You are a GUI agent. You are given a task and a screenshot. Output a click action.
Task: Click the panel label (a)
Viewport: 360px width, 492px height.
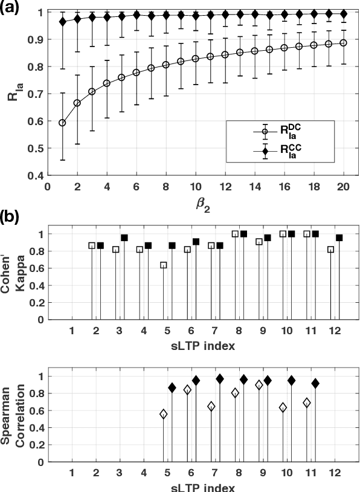coord(12,7)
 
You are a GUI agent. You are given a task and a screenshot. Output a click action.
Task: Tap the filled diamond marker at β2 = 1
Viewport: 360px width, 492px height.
coord(62,22)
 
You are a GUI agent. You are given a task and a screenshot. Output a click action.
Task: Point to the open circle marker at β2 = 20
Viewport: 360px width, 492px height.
coord(343,43)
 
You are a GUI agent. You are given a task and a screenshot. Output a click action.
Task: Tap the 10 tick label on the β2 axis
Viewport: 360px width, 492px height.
coord(195,187)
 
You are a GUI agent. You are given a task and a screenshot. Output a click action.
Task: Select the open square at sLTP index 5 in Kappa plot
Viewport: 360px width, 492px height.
coord(163,265)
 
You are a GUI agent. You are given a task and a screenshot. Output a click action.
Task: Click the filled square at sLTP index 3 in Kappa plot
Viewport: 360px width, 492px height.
coord(124,238)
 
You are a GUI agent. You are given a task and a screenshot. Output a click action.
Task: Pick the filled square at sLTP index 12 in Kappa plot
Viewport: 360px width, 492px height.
coord(339,238)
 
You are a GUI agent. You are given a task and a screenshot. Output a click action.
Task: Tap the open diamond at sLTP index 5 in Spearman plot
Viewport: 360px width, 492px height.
coord(163,414)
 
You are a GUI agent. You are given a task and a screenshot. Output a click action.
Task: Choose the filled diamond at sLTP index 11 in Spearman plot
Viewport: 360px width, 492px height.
coord(315,383)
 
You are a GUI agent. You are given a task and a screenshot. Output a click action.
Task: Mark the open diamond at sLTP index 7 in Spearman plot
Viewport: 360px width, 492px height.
coord(211,406)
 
